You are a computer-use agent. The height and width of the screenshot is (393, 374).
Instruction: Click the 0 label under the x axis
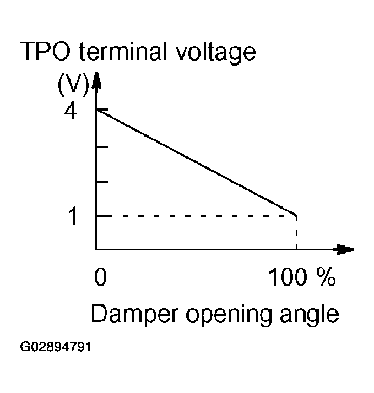pos(100,278)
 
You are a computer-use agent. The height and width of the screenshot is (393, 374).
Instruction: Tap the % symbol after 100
pos(326,278)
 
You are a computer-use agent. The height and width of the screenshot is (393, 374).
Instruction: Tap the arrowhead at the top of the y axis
pos(97,80)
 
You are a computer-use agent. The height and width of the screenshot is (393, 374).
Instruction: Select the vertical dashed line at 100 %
pos(297,233)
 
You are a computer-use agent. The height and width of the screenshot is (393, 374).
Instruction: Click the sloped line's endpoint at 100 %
pos(296,215)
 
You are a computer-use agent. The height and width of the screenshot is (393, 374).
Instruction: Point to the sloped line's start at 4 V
pos(97,110)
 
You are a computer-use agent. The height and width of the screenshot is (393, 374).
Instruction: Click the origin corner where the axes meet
pos(97,249)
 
